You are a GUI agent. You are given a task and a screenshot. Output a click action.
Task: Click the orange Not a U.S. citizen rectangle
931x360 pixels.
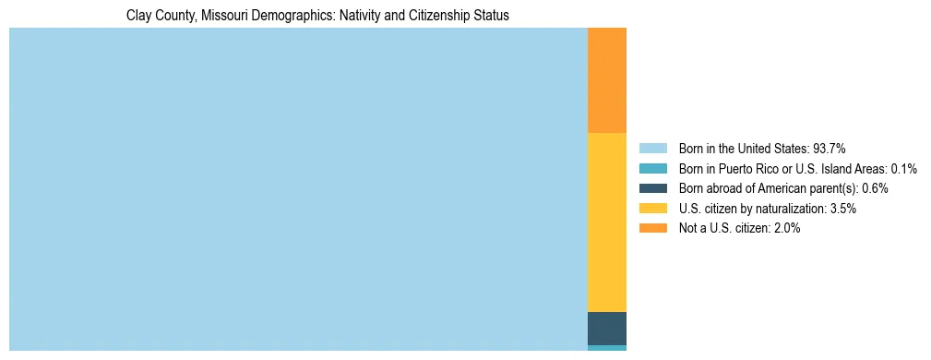click(606, 80)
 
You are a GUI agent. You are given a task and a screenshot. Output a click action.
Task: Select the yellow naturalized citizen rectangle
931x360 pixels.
click(606, 222)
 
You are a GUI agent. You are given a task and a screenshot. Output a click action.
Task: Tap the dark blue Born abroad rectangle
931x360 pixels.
click(606, 329)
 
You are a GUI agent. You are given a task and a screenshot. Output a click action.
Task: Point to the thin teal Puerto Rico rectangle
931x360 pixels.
click(606, 348)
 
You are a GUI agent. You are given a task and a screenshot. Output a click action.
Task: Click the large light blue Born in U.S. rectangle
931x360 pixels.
click(298, 189)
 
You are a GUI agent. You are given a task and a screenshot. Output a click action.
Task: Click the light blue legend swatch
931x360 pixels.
click(652, 149)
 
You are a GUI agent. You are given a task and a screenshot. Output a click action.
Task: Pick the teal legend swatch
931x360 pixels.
click(652, 169)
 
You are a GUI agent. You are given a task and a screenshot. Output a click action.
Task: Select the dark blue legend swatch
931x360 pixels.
click(652, 188)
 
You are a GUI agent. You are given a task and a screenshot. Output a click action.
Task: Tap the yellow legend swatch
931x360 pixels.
click(652, 209)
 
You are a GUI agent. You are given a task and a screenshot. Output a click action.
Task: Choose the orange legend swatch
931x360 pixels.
click(652, 229)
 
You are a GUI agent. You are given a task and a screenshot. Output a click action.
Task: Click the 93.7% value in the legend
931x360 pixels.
click(830, 149)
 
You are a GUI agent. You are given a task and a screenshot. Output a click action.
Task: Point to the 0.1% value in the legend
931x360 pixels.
click(904, 169)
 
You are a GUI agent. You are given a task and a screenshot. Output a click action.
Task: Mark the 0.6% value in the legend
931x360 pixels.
click(875, 188)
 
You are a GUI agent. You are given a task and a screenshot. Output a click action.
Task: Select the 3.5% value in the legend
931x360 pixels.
click(842, 209)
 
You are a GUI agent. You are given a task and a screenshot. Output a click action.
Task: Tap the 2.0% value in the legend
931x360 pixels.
click(787, 229)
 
